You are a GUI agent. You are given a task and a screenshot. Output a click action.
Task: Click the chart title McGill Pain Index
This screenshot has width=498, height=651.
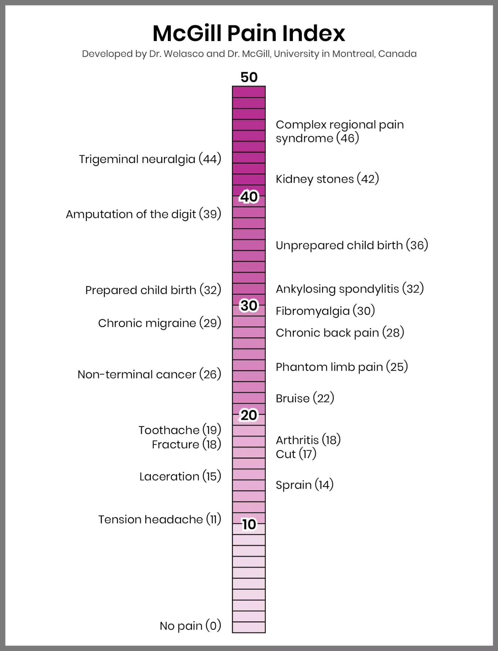coord(249,33)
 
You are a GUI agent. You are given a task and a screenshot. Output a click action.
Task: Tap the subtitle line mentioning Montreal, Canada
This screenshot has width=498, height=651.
coord(249,54)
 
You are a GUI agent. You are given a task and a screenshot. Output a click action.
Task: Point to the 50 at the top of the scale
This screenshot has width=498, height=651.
coord(249,77)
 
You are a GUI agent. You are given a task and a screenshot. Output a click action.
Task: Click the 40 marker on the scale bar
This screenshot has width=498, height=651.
coord(249,197)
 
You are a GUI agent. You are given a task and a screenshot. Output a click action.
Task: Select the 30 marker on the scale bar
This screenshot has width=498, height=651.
coord(249,305)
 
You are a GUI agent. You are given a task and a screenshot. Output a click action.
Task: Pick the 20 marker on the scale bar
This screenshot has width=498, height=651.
coord(249,415)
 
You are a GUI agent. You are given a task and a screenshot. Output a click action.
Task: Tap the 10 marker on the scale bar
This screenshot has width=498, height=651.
coord(249,524)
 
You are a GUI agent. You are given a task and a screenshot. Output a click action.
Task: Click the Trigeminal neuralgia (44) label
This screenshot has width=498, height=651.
coord(150,159)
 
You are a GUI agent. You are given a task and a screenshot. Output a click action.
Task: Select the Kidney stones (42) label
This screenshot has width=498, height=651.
coord(327,179)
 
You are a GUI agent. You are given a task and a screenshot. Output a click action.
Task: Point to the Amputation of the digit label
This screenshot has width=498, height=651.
coord(143,214)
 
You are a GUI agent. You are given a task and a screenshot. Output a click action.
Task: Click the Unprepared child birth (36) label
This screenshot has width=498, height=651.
coord(352,245)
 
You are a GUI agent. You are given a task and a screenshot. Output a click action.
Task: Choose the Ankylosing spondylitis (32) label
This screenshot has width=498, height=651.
coord(350,289)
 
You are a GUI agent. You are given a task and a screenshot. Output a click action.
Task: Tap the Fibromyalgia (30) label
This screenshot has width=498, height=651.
coord(325,311)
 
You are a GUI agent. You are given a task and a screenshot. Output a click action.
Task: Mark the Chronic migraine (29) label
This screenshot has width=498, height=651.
coord(159,323)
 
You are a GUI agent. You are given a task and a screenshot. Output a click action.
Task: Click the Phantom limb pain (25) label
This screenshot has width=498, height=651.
coord(342,367)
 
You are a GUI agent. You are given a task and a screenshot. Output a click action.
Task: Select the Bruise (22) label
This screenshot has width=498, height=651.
coord(305,398)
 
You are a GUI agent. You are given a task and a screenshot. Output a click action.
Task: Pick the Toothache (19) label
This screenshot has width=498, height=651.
coord(180,430)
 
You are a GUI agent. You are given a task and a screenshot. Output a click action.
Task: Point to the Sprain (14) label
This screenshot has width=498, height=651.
coord(305,485)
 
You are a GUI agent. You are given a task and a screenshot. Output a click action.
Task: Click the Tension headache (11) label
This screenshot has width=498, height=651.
coord(160,519)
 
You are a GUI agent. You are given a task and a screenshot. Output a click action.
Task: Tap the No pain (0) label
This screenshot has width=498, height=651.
coord(190,626)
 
